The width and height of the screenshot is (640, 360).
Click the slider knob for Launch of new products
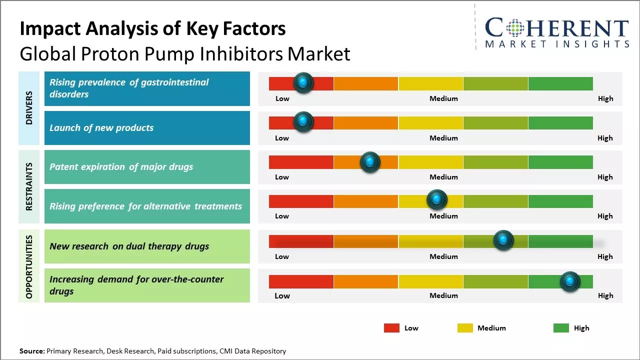pyautogui.click(x=302, y=121)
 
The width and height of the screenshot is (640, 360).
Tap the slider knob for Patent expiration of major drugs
pyautogui.click(x=370, y=162)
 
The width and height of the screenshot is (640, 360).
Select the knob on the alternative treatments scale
pyautogui.click(x=437, y=200)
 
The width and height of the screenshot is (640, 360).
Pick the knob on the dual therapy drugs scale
pyautogui.click(x=503, y=240)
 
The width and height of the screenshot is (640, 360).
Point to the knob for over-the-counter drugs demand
pyautogui.click(x=570, y=281)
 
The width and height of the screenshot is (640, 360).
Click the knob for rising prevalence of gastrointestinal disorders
pyautogui.click(x=303, y=82)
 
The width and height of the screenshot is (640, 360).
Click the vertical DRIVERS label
pyautogui.click(x=29, y=108)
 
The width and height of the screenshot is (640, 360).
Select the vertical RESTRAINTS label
pyautogui.click(x=29, y=186)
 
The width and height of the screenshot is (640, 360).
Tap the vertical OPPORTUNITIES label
pyautogui.click(x=29, y=266)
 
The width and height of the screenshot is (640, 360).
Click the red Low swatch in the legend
pyautogui.click(x=391, y=328)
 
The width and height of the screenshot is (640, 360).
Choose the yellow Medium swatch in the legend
pyautogui.click(x=465, y=328)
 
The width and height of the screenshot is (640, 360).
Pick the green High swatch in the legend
pyautogui.click(x=561, y=328)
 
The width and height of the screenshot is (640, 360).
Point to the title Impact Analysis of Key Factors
pyautogui.click(x=152, y=28)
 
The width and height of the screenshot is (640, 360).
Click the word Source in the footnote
pyautogui.click(x=32, y=351)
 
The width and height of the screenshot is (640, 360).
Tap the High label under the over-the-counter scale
pyautogui.click(x=605, y=295)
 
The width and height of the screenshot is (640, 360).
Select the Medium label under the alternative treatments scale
pyautogui.click(x=443, y=216)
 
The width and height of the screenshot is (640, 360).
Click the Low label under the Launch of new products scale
pyautogui.click(x=282, y=138)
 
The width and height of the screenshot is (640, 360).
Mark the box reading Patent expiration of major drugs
pyautogui.click(x=147, y=167)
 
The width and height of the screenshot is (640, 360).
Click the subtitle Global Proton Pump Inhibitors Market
pyautogui.click(x=185, y=53)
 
